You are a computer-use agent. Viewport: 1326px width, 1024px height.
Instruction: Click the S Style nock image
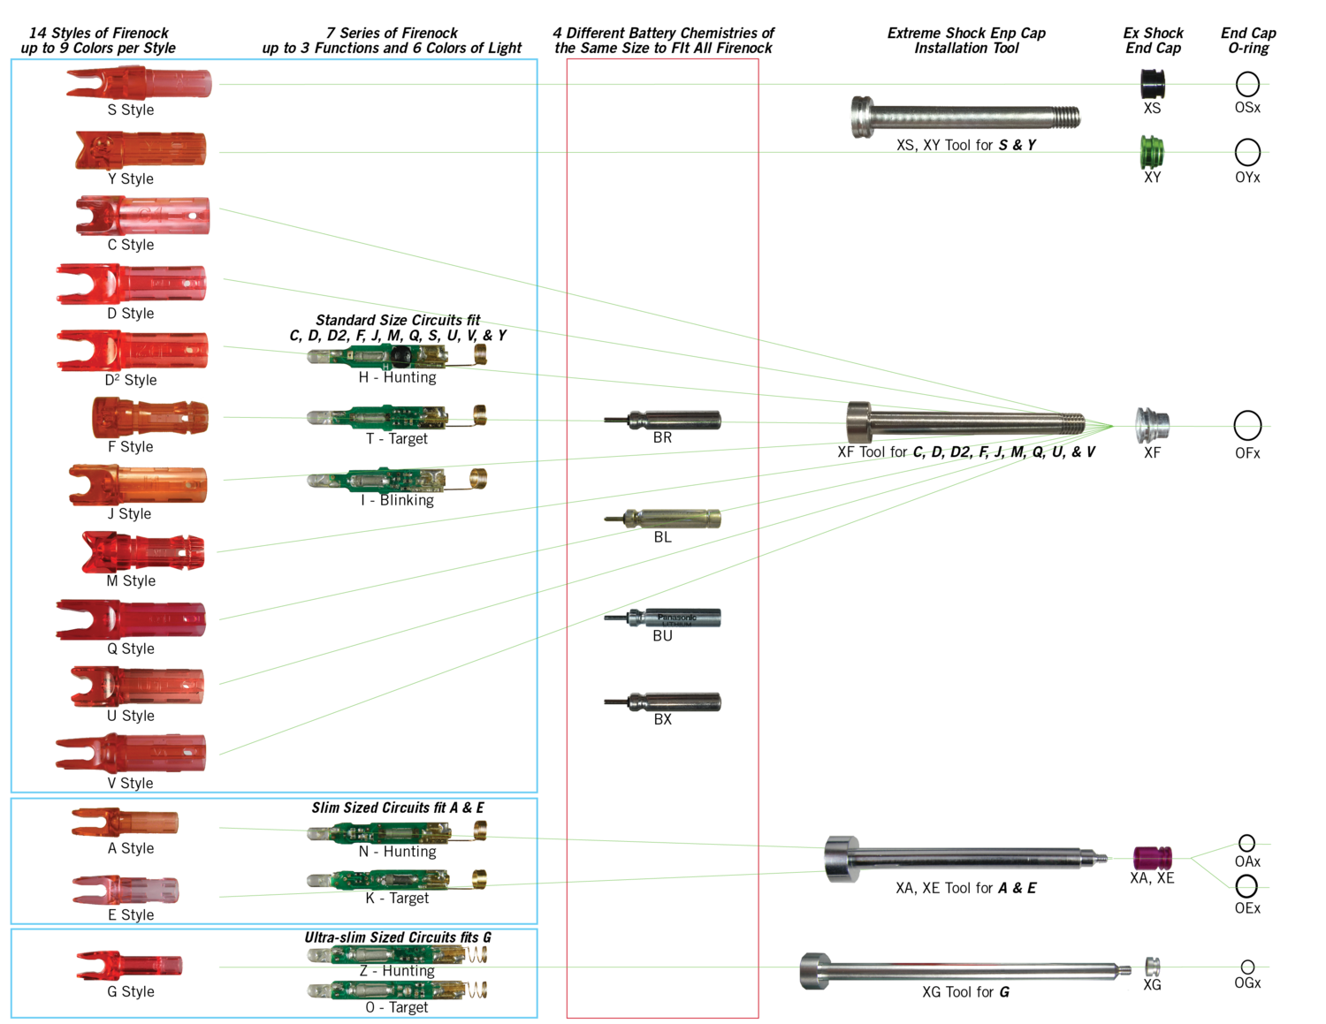[139, 83]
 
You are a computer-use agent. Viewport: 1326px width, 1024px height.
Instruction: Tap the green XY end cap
[1152, 153]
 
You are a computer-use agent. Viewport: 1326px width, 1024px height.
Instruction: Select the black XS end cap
[1153, 84]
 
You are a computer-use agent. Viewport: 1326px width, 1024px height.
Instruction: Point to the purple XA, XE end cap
[1152, 858]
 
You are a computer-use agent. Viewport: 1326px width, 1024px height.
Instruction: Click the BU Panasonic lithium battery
[663, 618]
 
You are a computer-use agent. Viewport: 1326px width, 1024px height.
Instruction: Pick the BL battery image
[663, 519]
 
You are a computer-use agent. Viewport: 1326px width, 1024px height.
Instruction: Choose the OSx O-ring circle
[1247, 84]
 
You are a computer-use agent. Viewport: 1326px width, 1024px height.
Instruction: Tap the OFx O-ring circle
[1247, 425]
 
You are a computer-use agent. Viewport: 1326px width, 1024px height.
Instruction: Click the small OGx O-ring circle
[1247, 967]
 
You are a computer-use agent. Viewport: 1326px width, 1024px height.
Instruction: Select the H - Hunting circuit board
[397, 356]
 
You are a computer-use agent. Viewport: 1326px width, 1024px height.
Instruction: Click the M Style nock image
[143, 552]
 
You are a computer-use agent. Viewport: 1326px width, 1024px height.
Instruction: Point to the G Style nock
[129, 965]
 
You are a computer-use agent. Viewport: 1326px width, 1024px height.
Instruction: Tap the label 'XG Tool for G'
[965, 992]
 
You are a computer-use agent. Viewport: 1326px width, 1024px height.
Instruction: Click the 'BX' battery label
[663, 719]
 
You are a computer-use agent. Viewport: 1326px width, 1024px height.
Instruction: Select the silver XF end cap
[1152, 425]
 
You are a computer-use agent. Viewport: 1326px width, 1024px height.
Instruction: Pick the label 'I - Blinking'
[397, 500]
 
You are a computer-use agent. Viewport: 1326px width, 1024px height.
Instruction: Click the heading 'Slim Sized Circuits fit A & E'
[397, 808]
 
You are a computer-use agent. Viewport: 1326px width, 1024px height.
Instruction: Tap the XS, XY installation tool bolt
[965, 117]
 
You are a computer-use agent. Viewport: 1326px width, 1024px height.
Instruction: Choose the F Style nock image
[150, 418]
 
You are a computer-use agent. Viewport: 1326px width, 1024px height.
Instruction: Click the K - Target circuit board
[397, 880]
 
